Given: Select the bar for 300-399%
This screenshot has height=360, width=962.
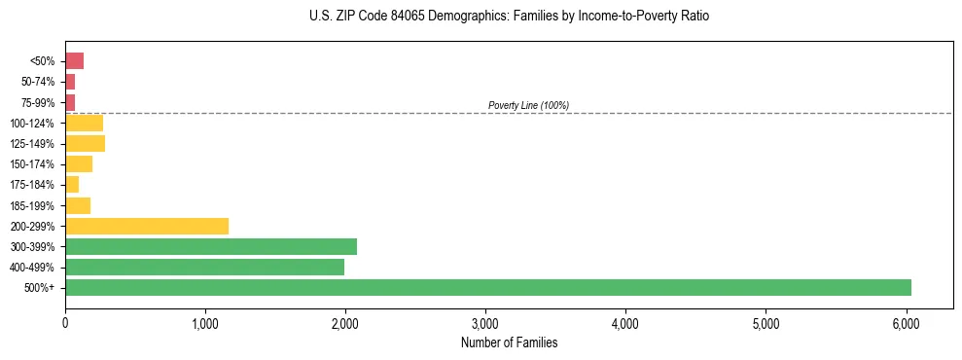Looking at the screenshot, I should [211, 246].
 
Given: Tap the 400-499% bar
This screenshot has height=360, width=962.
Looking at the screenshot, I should [204, 267].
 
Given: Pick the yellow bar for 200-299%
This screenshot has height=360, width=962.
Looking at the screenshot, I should [147, 226].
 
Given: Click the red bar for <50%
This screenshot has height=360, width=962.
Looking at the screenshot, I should [75, 61].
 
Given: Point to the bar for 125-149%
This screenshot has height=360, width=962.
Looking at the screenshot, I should [86, 143].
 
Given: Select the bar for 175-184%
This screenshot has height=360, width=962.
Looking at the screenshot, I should [72, 185].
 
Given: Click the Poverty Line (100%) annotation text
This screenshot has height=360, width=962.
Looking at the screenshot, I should [528, 105].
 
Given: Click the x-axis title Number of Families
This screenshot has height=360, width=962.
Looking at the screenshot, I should [509, 342].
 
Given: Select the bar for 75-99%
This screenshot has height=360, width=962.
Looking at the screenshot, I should [70, 102].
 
